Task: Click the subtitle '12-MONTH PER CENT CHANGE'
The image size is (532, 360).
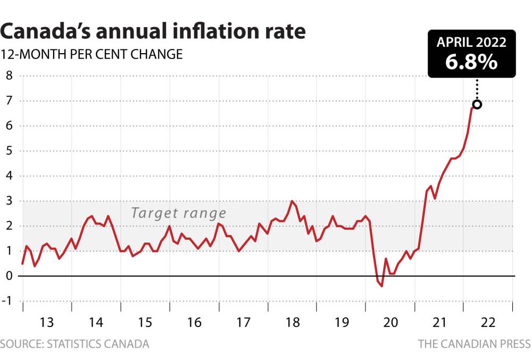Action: [92, 54]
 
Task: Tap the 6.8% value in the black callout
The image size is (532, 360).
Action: [471, 62]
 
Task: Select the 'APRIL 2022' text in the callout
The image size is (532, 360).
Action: [471, 43]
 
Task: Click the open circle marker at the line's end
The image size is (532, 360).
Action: [477, 104]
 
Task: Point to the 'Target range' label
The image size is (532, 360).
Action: [179, 214]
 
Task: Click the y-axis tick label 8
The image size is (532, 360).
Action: [9, 76]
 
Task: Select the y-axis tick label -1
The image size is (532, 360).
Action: [7, 301]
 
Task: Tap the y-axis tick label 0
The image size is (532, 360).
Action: [9, 276]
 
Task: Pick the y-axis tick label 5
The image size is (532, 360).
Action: [9, 151]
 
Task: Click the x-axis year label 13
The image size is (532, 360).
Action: [47, 322]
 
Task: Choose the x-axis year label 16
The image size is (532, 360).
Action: [194, 322]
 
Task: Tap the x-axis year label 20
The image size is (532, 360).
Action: [390, 322]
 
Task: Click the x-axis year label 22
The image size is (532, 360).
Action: [488, 322]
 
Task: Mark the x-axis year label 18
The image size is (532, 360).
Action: [292, 322]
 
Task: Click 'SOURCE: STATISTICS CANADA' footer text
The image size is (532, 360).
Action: [74, 344]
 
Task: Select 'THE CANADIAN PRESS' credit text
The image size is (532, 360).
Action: [473, 344]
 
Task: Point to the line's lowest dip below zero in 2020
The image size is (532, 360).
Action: [382, 286]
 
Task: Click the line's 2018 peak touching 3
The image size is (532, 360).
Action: [292, 201]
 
